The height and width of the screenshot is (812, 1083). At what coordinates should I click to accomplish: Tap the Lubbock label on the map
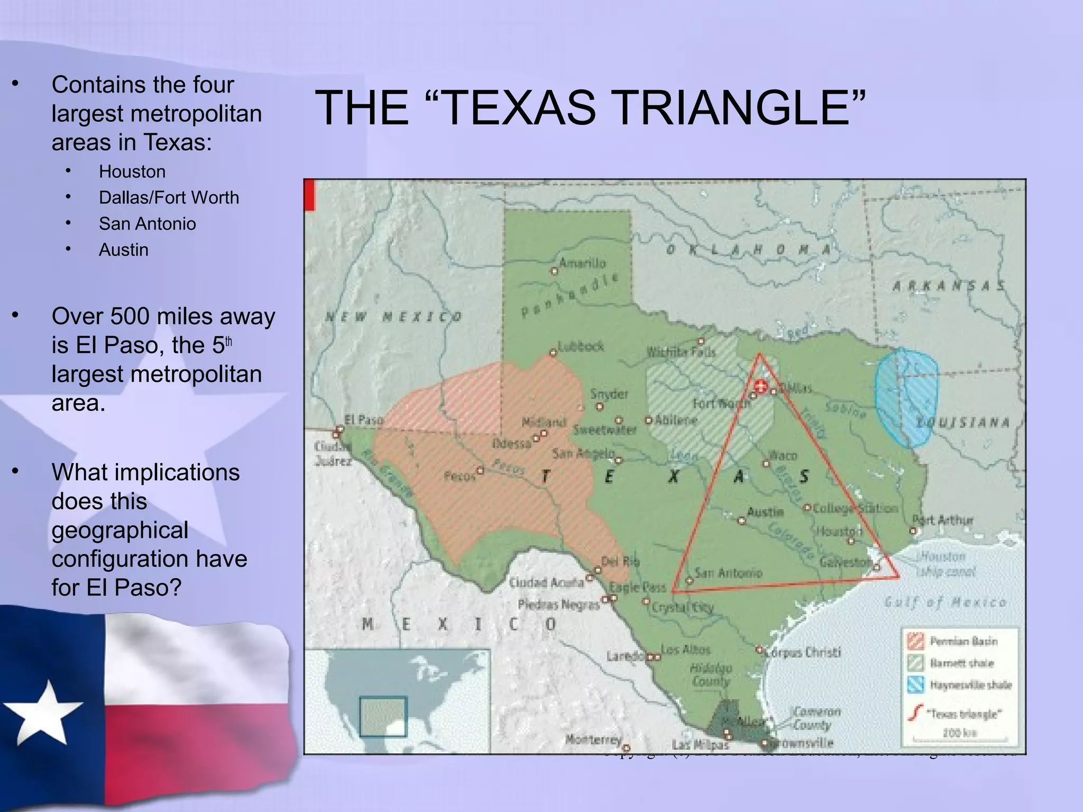(581, 346)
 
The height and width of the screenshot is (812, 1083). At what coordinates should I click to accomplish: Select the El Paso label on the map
(363, 420)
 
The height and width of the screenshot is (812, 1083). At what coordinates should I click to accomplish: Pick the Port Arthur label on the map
(942, 520)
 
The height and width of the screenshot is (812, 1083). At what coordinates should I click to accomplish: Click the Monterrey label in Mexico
(593, 739)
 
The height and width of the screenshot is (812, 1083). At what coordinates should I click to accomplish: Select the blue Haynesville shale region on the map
(905, 398)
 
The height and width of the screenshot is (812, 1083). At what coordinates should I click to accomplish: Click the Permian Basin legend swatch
(915, 641)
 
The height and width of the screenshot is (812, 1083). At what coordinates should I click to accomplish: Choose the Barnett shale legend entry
(961, 663)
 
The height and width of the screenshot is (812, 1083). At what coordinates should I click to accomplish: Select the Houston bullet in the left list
(132, 172)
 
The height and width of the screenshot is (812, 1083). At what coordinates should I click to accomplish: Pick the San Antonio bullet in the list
(147, 224)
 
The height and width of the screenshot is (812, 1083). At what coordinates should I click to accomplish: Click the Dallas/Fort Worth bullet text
(169, 198)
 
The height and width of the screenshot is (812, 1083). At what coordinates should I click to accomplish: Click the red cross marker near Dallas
(760, 386)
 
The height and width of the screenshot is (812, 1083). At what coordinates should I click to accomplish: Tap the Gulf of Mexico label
(945, 602)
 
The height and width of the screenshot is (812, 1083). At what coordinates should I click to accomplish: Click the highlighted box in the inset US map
(383, 716)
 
